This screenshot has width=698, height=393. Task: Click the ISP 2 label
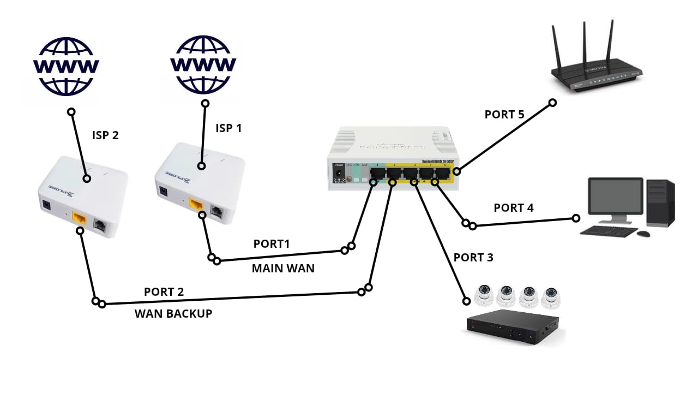[x=105, y=135]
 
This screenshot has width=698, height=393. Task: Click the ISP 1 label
[x=228, y=128]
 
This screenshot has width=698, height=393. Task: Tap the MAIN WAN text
[x=283, y=269]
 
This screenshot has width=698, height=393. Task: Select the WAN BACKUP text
[x=173, y=314]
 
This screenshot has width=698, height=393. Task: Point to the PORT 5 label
[x=504, y=115]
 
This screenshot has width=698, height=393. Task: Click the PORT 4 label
[x=514, y=208]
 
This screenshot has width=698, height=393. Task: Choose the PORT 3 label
[x=473, y=258]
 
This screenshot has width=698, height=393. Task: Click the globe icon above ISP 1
[x=203, y=64]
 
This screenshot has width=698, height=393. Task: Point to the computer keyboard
[x=608, y=231]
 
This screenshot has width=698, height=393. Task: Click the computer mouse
[x=643, y=234]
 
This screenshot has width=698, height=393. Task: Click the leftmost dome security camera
[x=484, y=295]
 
